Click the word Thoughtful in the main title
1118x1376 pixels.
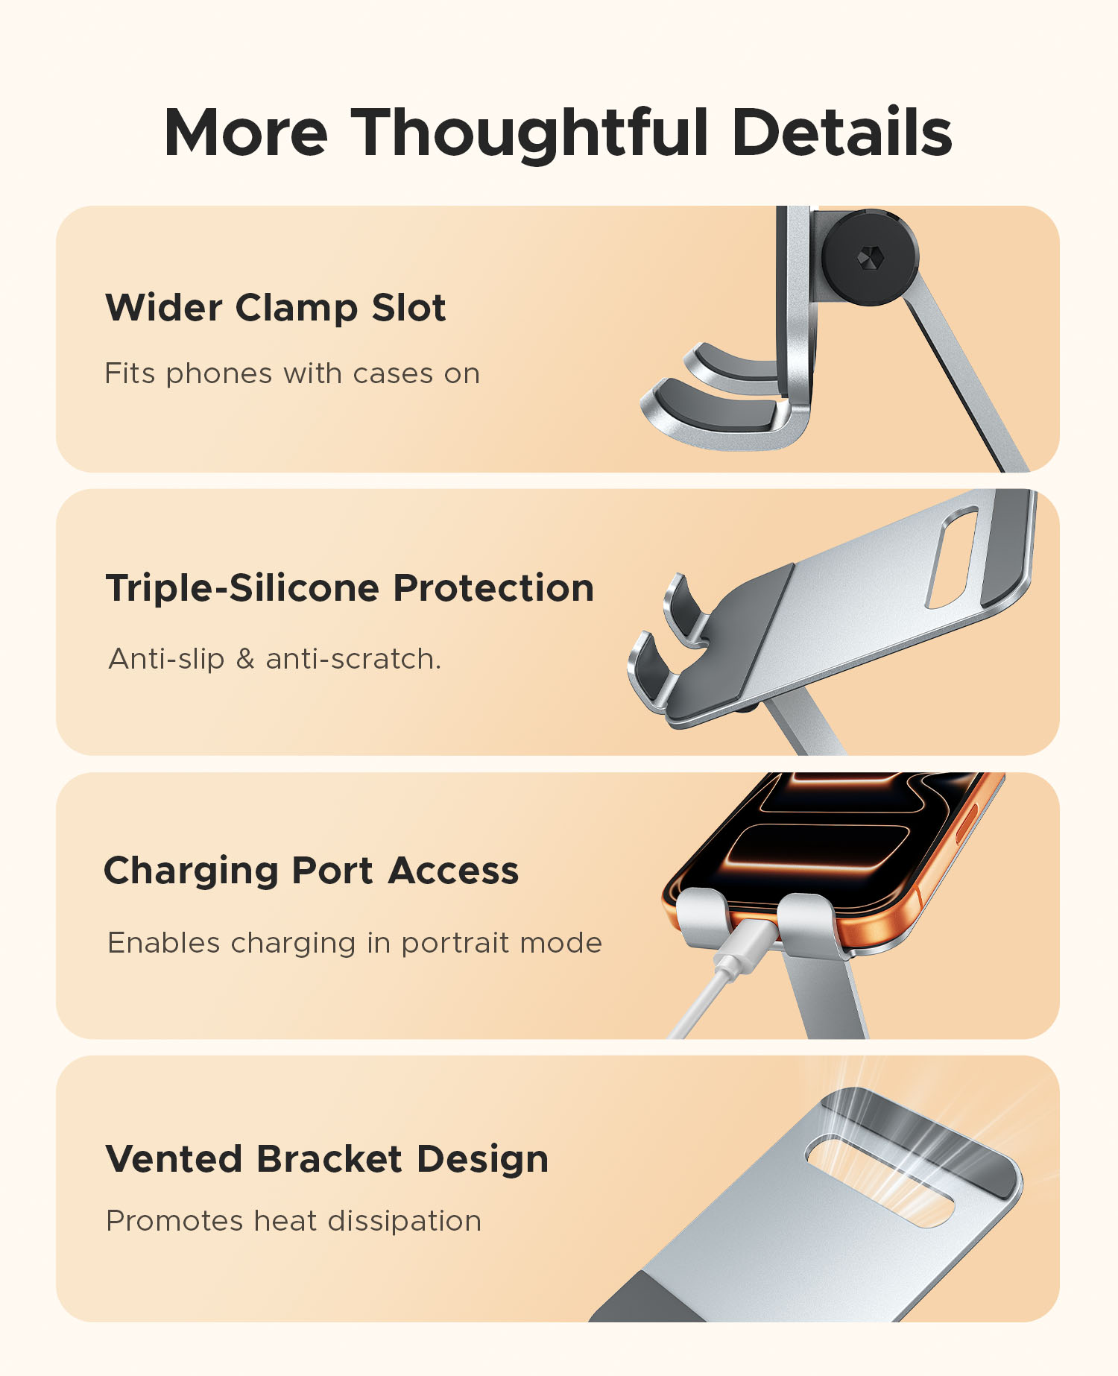529,133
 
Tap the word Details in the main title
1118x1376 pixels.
842,132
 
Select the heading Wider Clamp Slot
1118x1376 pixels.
276,308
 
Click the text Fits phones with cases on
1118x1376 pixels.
292,373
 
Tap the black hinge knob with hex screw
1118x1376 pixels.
870,257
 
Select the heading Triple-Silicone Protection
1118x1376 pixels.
350,588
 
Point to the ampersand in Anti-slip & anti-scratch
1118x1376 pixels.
245,659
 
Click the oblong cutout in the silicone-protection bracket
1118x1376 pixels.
952,557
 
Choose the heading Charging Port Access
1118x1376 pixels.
311,871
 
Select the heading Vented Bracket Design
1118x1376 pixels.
327,1159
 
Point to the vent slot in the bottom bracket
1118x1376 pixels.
879,1181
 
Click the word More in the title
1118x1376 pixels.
246,133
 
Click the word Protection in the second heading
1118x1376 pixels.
493,588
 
